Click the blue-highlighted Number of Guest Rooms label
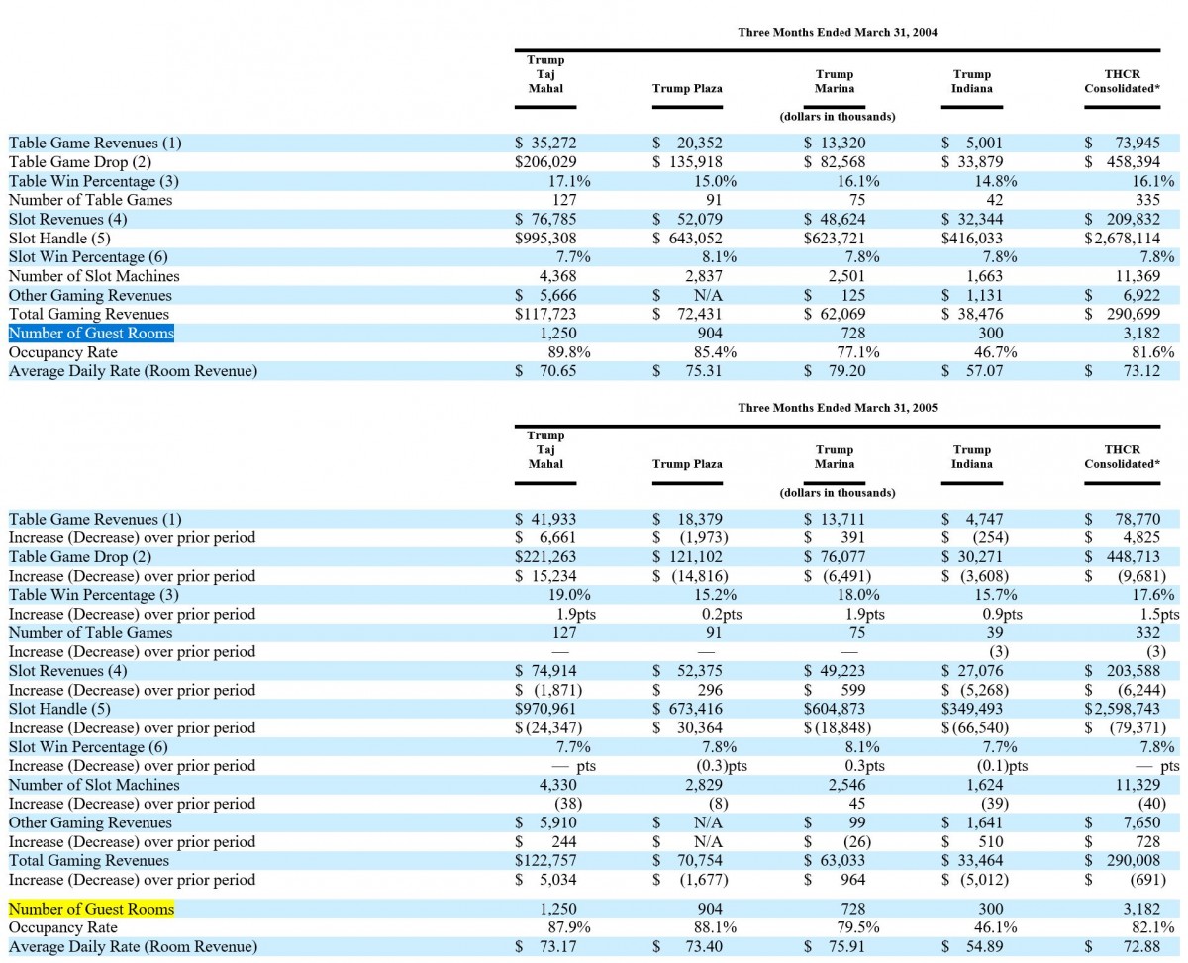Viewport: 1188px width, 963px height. (x=91, y=333)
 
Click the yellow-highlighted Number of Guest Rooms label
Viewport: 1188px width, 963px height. (x=91, y=909)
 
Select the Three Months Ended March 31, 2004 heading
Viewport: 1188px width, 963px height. (x=838, y=32)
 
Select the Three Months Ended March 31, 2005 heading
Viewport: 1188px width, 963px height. (x=838, y=408)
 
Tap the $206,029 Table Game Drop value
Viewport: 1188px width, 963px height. (x=545, y=162)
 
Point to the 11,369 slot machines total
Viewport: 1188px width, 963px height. (x=1138, y=276)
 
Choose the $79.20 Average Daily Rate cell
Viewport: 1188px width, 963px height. (x=835, y=371)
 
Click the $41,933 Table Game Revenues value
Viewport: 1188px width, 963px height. (x=545, y=520)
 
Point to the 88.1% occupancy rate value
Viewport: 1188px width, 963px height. (x=711, y=927)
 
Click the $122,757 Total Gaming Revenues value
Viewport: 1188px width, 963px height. (x=545, y=860)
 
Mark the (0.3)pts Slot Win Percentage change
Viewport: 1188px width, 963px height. (x=722, y=766)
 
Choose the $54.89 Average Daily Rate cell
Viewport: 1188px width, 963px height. (x=972, y=946)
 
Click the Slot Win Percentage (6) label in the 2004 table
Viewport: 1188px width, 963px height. (x=88, y=257)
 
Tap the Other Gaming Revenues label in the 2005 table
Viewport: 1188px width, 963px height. (x=90, y=822)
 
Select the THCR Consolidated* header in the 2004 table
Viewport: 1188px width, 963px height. (x=1123, y=81)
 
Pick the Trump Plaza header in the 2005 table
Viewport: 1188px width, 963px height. (x=687, y=464)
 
